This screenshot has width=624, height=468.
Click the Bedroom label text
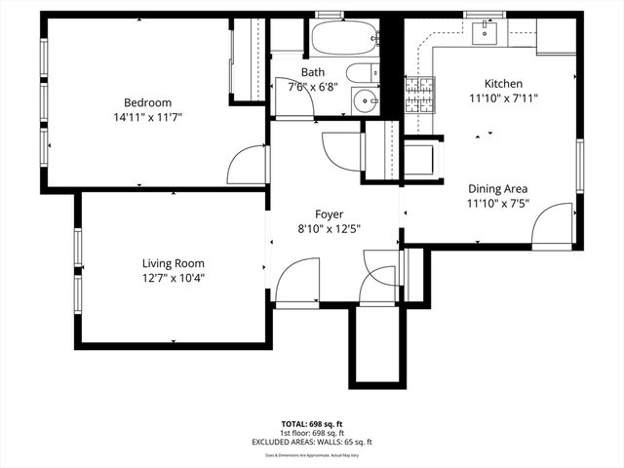[x=147, y=102]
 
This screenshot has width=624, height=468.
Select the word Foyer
[x=329, y=214]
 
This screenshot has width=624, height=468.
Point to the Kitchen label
[x=504, y=84]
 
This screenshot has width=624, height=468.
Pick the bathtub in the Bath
[x=344, y=40]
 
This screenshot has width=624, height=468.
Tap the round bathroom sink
[x=365, y=99]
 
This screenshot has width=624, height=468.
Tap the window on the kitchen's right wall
[x=579, y=165]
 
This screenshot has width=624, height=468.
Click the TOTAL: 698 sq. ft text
[x=312, y=424]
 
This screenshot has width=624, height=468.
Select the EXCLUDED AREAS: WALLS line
[x=312, y=442]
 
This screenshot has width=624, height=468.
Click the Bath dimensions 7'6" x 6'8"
[x=313, y=86]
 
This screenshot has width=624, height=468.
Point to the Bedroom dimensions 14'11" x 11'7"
[x=147, y=117]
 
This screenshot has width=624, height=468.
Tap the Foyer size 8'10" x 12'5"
[x=329, y=230]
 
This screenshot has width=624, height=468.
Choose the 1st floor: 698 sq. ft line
[x=312, y=433]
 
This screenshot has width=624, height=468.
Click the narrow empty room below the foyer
[x=376, y=345]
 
